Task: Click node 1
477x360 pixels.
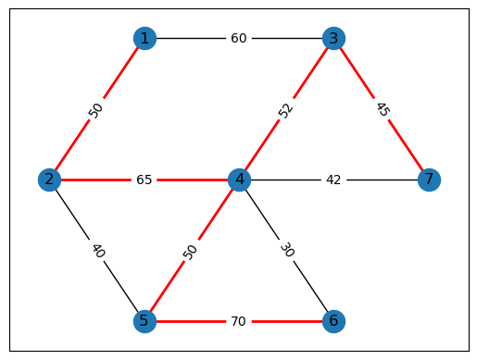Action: pos(144,38)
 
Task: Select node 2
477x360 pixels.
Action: pos(50,180)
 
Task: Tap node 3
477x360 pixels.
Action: pos(333,38)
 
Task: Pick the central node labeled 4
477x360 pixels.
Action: pos(239,180)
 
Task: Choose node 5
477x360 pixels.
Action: pos(144,321)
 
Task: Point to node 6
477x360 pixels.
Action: pos(333,321)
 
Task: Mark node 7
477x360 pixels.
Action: pos(428,180)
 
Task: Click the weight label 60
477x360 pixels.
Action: pos(239,38)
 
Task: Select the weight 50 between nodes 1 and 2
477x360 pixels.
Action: pos(97,109)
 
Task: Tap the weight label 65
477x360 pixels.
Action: pos(144,180)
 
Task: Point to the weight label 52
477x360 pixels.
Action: pos(286,109)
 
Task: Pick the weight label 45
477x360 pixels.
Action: pos(381,109)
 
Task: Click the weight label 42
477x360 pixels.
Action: pos(333,180)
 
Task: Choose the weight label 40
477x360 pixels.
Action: pos(97,250)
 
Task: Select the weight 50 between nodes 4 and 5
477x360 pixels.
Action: pos(192,250)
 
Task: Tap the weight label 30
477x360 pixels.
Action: pos(286,250)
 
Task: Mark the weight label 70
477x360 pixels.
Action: pos(239,321)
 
